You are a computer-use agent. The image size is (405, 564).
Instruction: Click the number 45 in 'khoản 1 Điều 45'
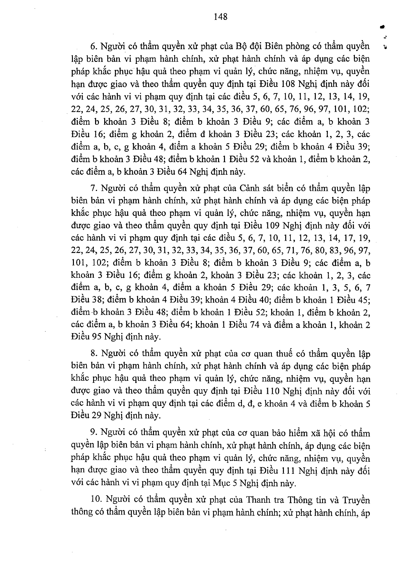point(363,300)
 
